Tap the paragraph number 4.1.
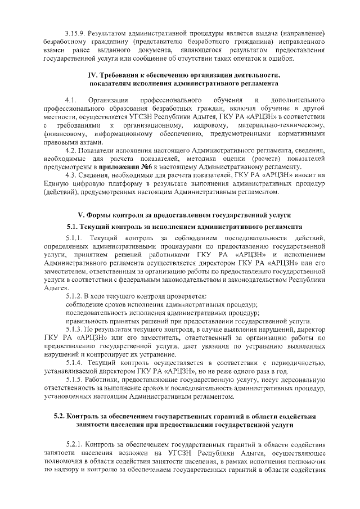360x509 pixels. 71,100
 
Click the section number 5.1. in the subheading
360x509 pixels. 73,227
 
